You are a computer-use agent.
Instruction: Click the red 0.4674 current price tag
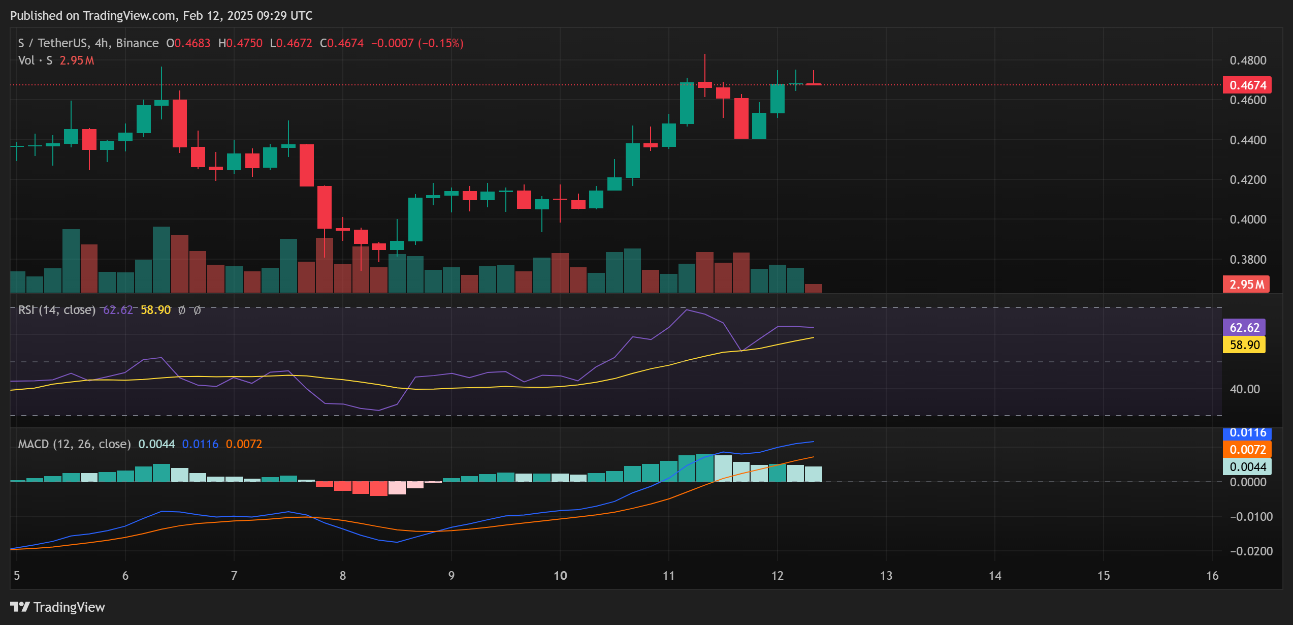pos(1247,85)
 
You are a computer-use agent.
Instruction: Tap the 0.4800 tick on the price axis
pos(1248,60)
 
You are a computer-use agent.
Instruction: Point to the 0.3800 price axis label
pos(1248,260)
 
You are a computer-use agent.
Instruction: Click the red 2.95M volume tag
pos(1246,285)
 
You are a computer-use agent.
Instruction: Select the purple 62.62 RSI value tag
pos(1244,328)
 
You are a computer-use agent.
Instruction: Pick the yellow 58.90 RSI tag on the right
pos(1244,345)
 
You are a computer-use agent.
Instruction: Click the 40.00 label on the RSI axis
pos(1244,389)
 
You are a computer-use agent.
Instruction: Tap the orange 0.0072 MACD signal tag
pos(1247,450)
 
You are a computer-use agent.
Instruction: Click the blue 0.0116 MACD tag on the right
pos(1247,433)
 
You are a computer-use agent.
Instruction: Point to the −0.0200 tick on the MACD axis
pos(1251,551)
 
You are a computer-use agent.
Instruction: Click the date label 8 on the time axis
pos(343,576)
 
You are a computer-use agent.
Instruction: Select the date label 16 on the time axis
pos(1212,576)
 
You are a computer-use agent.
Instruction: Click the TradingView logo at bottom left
pos(57,607)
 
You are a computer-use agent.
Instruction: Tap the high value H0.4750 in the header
pos(240,43)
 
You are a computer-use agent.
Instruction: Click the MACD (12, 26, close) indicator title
pos(74,444)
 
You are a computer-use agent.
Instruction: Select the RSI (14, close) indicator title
pos(56,310)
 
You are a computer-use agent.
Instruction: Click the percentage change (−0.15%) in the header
pos(440,43)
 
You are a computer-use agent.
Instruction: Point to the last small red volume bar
pos(814,288)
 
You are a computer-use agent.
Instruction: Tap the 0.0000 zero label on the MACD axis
pos(1248,482)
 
